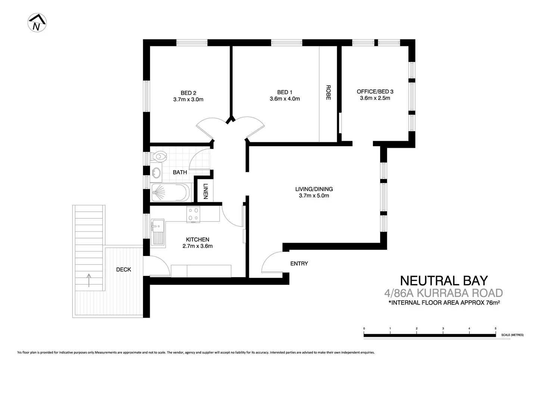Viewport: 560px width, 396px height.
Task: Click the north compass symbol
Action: click(37, 23)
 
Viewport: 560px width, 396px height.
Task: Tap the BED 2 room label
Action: click(188, 93)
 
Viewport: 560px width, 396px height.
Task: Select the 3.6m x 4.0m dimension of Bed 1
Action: click(284, 99)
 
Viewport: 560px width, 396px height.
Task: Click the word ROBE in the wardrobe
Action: click(328, 93)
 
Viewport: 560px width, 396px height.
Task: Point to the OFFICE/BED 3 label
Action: click(375, 91)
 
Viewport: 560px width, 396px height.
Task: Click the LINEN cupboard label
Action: click(205, 191)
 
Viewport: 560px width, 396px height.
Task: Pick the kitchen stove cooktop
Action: click(193, 214)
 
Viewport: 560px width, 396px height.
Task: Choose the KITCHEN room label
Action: click(197, 240)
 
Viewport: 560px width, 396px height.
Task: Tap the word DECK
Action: click(124, 269)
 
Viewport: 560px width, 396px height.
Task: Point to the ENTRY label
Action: click(299, 264)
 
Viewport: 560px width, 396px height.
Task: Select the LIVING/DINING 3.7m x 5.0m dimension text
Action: click(314, 196)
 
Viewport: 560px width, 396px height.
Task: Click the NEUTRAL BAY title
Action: click(444, 280)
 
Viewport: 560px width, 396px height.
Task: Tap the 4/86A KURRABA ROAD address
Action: click(444, 293)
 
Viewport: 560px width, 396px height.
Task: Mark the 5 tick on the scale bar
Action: click(495, 328)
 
